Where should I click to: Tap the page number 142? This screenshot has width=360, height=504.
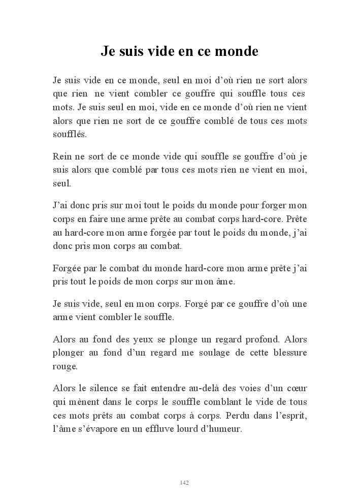point(184,483)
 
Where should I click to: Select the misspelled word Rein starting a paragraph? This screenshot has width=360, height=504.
point(61,157)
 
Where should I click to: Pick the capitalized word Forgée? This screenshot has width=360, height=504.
point(66,268)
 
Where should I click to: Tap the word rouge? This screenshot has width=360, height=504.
point(65,366)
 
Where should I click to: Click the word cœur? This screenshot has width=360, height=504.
point(297,389)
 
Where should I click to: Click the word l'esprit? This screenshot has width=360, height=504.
point(290,415)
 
